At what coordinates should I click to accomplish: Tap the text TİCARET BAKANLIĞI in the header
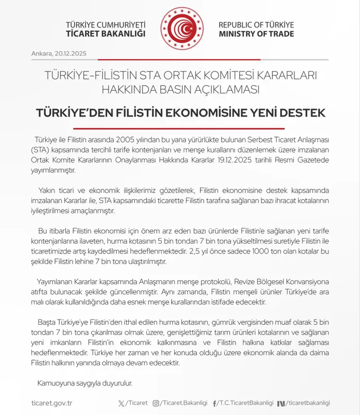105,34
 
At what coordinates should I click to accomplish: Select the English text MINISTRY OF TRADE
256,34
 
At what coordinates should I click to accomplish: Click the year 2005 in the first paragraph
127,141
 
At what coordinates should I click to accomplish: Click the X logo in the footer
121,403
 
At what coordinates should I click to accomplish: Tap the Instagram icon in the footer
156,403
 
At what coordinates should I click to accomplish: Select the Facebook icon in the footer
215,403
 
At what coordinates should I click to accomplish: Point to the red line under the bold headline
179,128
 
